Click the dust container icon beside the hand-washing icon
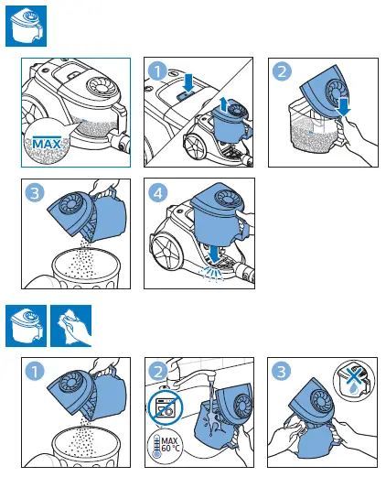[25, 326]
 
